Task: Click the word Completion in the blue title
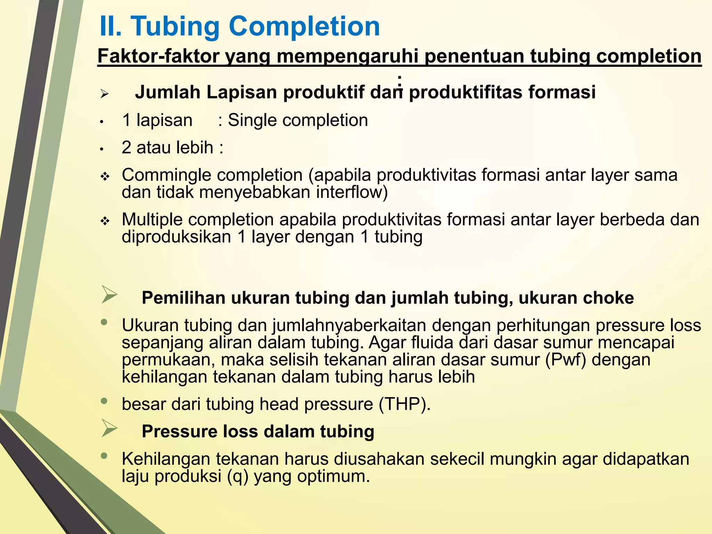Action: click(304, 27)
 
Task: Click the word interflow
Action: click(351, 192)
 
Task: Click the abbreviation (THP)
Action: click(404, 404)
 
